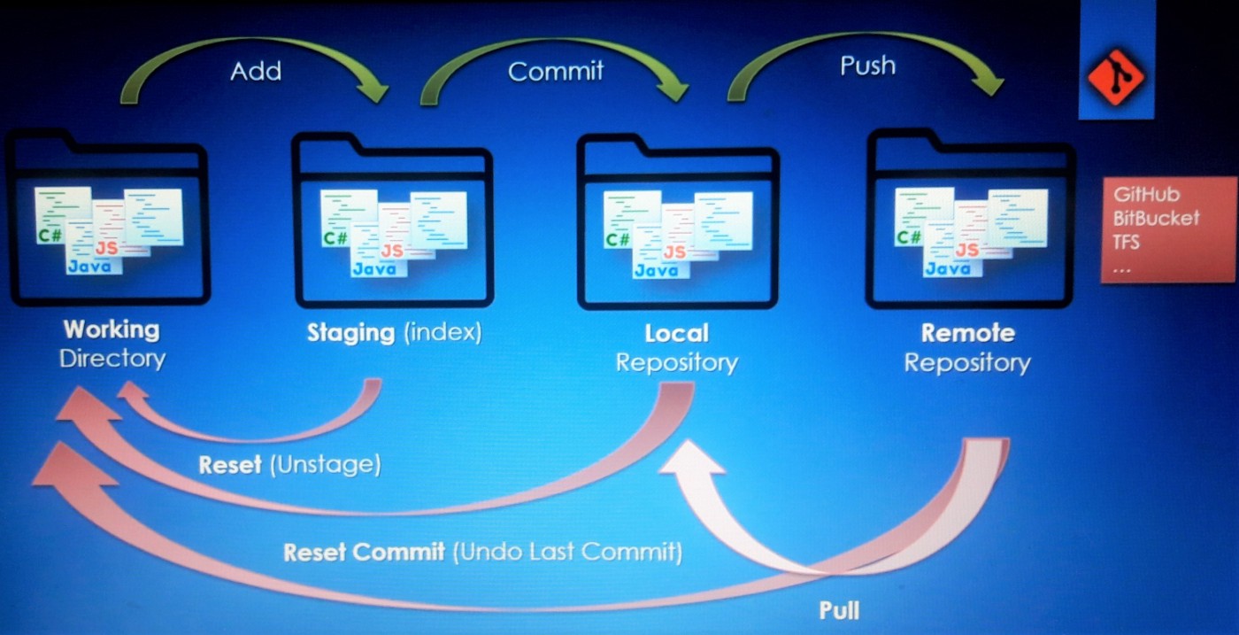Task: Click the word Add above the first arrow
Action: [256, 71]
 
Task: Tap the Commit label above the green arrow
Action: [556, 71]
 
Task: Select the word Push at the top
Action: [867, 66]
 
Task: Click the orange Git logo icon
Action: [1115, 77]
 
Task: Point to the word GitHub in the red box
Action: [1146, 195]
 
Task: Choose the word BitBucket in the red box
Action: [1156, 218]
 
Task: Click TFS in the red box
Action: [1127, 241]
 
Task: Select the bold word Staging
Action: [350, 334]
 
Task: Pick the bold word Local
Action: [676, 334]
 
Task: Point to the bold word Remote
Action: [967, 334]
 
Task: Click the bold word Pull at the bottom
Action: [838, 610]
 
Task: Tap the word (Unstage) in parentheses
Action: [325, 466]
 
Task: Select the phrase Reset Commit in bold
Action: [364, 554]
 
